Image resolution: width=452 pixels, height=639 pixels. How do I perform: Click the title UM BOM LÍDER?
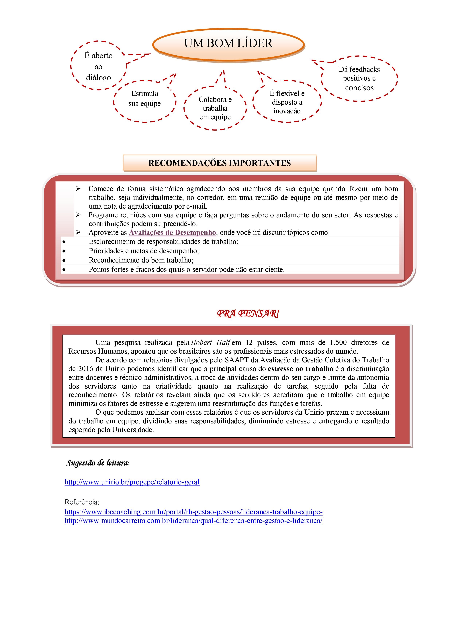click(228, 43)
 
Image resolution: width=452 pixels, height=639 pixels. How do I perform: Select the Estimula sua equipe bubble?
click(144, 99)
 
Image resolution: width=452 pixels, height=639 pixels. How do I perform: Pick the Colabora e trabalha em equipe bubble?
click(215, 108)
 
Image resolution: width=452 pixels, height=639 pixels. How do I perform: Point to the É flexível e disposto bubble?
click(287, 102)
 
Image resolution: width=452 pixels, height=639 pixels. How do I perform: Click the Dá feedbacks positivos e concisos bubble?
click(359, 79)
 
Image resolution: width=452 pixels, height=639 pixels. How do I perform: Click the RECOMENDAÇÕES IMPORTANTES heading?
click(219, 163)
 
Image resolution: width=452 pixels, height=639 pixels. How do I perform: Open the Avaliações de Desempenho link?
click(172, 232)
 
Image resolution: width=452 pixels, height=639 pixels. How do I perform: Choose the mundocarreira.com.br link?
click(193, 521)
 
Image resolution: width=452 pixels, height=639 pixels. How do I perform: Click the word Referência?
click(82, 502)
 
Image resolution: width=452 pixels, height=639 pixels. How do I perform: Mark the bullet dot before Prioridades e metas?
click(64, 251)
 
